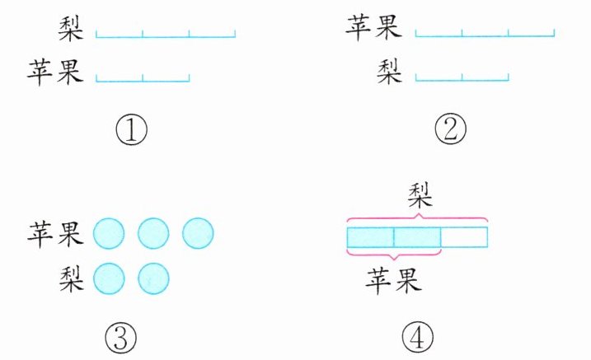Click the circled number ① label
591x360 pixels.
[131, 129]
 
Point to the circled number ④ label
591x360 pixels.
[417, 335]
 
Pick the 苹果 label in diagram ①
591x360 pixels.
[56, 72]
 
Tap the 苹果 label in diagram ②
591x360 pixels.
[373, 30]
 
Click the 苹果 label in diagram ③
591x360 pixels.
[56, 234]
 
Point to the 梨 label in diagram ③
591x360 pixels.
[69, 278]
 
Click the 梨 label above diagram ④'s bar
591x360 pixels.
[422, 197]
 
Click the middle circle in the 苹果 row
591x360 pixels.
[153, 234]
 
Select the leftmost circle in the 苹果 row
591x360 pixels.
[109, 234]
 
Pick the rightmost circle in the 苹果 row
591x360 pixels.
[198, 234]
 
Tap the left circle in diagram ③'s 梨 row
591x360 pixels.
[109, 278]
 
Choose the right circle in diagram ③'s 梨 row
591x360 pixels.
[153, 278]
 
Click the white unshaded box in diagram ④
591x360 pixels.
[464, 237]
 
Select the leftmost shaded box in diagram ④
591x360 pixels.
[370, 237]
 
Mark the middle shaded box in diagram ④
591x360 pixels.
[417, 237]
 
